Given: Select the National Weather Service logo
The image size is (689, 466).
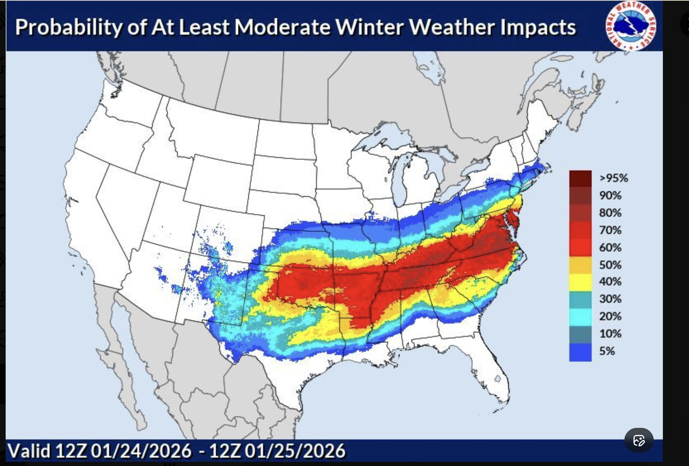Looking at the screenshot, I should coord(631,26).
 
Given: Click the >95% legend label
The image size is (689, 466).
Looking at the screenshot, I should coord(613,178).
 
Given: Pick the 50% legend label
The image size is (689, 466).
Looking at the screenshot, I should coord(610,265).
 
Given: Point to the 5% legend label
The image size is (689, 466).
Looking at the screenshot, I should coord(607,351).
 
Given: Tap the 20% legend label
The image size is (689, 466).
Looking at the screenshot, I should coord(610,316).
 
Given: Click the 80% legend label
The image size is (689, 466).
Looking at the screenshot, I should coord(610,213).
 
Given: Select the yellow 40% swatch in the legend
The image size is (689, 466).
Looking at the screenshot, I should coord(580,282).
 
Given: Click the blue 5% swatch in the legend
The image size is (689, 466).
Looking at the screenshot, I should coord(580,352).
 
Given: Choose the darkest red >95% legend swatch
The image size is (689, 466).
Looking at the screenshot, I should coord(580,178).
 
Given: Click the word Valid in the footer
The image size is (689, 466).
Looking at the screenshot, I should coord(29,451).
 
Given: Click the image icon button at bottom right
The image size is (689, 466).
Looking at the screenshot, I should coord(639,440).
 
